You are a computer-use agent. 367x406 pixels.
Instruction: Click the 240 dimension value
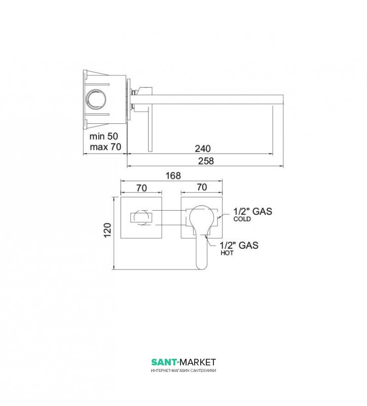click(x=203, y=149)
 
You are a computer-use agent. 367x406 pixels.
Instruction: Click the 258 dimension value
click(x=206, y=161)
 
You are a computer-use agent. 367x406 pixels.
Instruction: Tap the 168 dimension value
click(x=173, y=176)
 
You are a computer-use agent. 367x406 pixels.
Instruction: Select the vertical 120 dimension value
click(x=107, y=230)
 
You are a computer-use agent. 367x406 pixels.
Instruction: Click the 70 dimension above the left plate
click(x=141, y=188)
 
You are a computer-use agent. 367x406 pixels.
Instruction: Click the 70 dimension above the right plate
click(x=202, y=187)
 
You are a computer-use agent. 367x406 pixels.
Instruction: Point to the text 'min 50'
click(x=104, y=136)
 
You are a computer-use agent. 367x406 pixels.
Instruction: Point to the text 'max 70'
click(x=105, y=147)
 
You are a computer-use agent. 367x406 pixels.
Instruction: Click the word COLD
click(x=242, y=219)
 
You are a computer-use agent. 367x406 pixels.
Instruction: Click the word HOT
click(x=227, y=253)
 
